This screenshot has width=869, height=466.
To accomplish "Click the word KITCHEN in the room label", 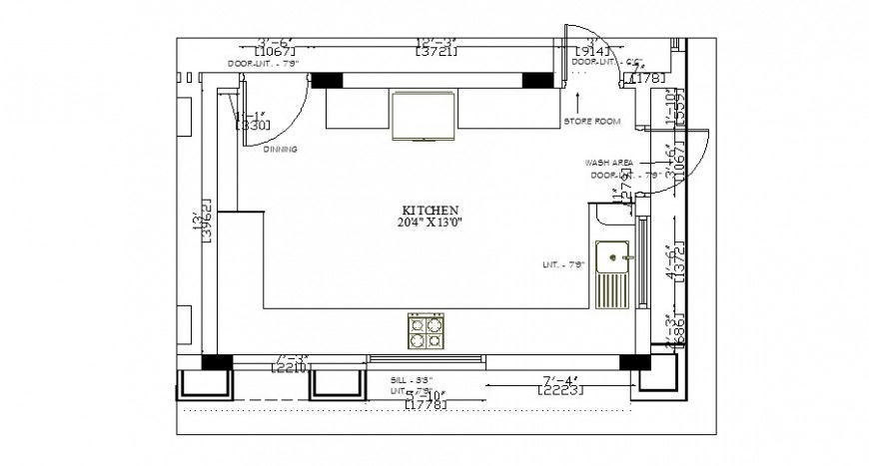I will click(x=430, y=211).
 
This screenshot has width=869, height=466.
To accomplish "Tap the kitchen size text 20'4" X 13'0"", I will click(x=430, y=223).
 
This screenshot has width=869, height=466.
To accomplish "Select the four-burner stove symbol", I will click(x=426, y=331).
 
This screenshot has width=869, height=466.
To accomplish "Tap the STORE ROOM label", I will click(x=591, y=121).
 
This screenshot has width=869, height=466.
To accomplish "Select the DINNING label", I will click(x=281, y=149).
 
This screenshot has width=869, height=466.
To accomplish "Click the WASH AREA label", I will click(x=608, y=162).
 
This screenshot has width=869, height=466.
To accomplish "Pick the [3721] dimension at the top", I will click(x=436, y=51).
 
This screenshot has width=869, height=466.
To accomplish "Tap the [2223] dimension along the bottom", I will click(x=559, y=390).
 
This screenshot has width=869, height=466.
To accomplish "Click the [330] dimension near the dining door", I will click(x=251, y=126).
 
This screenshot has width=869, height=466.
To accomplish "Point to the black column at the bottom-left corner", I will click(x=218, y=362).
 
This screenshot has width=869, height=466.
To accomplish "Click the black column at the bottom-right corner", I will click(x=631, y=362).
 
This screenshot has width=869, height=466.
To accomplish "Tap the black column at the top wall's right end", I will click(x=538, y=80).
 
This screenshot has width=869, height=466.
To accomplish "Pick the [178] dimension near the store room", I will click(x=646, y=78).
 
